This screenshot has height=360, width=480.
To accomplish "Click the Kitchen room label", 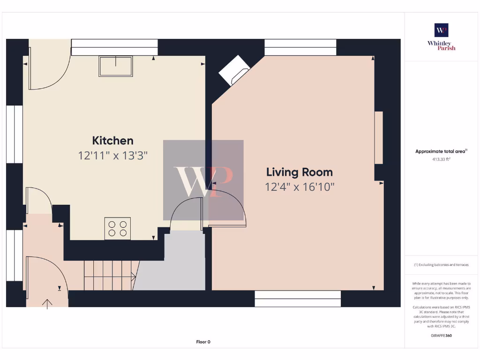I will (112, 141).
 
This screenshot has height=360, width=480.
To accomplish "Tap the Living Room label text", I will (300, 172).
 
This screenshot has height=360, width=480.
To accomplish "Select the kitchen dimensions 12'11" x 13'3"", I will (112, 156).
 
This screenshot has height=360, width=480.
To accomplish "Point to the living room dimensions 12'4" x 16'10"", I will (300, 187).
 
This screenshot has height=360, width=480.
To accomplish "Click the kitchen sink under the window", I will (115, 66).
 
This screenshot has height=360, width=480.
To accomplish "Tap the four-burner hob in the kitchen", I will (117, 229).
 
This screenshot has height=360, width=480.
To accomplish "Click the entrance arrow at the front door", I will (47, 304).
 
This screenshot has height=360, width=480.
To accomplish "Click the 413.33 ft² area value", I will (441, 159).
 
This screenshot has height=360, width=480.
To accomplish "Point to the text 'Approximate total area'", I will (441, 151).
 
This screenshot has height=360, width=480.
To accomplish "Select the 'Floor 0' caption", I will (203, 342).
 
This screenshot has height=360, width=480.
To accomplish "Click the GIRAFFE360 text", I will (441, 336).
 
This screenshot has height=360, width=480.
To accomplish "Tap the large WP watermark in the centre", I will (203, 180).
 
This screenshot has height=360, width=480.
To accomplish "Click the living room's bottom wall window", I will (298, 299).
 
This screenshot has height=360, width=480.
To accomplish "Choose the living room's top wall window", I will (300, 47).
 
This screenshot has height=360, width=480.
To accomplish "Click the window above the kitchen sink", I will (114, 47).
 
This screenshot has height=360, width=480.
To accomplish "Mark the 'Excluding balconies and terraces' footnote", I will (441, 265).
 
